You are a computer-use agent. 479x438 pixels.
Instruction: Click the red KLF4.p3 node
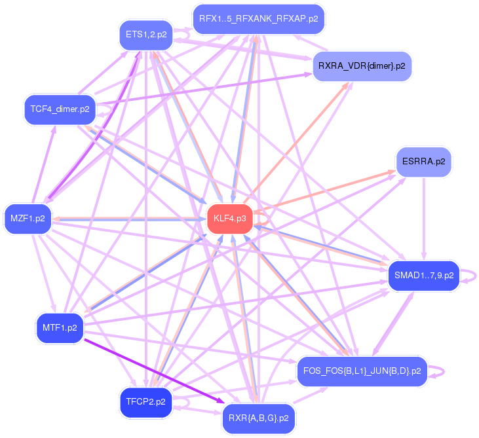(x=230, y=219)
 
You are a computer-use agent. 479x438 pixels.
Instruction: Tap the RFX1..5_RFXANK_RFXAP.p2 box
(x=258, y=18)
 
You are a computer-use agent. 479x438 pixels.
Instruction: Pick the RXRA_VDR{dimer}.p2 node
(x=362, y=66)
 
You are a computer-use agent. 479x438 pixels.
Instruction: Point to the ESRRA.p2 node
(x=423, y=161)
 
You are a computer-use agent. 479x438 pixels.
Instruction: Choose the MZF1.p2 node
(x=28, y=219)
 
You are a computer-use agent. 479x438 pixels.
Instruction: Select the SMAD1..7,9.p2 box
(x=423, y=276)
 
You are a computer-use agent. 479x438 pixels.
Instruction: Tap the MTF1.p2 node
(x=60, y=327)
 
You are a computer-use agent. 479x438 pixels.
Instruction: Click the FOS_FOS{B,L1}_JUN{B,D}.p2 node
(x=362, y=371)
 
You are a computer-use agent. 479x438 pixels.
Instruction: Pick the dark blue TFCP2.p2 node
(x=145, y=401)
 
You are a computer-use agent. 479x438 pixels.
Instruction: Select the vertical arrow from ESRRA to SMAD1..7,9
(x=424, y=219)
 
